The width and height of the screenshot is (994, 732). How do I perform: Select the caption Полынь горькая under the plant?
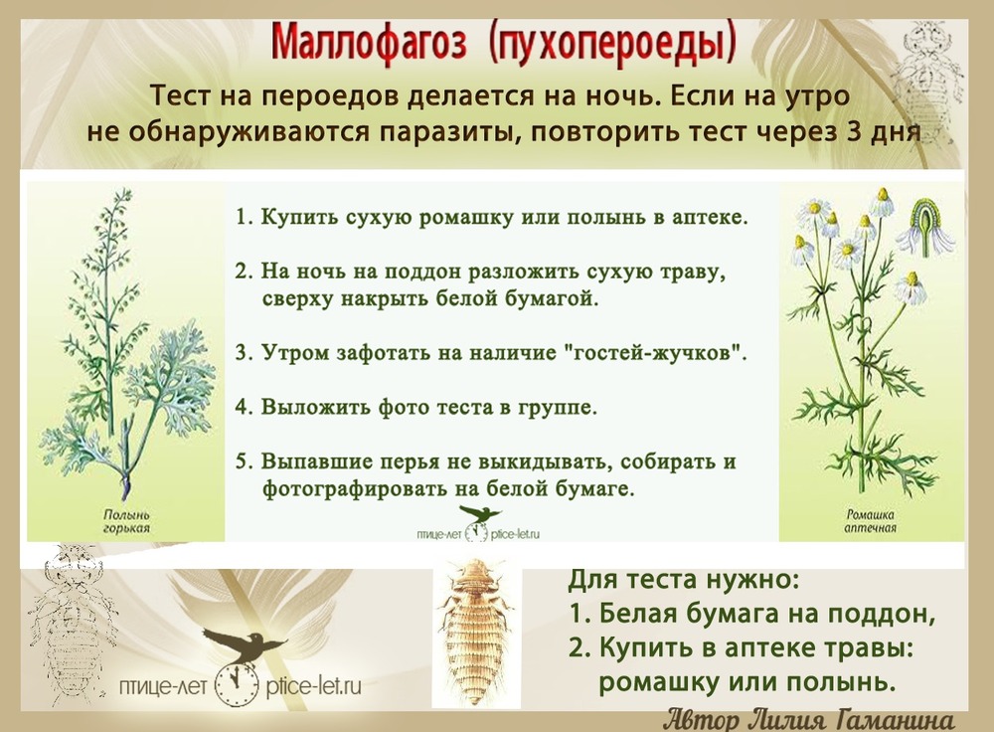click(127, 521)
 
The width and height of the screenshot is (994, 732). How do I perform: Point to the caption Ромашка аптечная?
click(870, 521)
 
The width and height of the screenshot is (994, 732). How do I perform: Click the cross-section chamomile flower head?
click(930, 226)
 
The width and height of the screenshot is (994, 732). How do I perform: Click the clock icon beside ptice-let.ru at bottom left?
click(237, 686)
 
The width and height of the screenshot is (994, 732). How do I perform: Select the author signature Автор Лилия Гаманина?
click(809, 720)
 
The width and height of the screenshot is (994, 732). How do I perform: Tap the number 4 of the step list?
click(242, 407)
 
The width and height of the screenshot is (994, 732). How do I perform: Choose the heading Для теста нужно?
click(684, 579)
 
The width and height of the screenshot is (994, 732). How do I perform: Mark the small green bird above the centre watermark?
click(479, 513)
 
